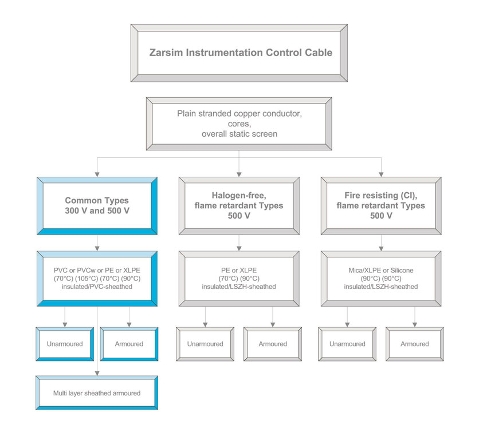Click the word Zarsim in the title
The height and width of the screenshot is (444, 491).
[166, 53]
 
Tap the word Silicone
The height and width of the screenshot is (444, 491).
[402, 271]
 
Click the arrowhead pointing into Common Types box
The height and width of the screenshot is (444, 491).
[97, 175]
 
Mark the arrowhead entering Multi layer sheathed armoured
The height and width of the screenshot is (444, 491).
[97, 373]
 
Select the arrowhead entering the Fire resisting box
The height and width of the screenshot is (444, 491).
[381, 175]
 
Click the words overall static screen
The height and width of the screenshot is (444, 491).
[239, 134]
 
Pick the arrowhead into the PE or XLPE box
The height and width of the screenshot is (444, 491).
[239, 248]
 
